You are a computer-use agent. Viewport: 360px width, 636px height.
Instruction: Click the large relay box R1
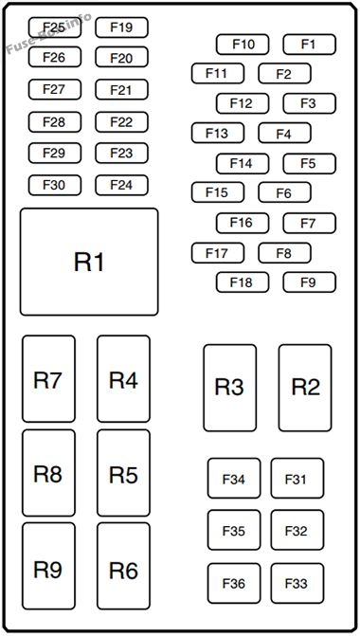point(89,262)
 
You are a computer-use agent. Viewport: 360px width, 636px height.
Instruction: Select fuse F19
point(121,27)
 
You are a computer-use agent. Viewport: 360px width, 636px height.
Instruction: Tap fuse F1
point(310,45)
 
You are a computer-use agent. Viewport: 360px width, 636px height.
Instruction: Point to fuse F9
point(310,282)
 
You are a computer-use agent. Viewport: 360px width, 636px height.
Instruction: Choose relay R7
point(48,379)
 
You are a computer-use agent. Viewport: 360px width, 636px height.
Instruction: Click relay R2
point(305,388)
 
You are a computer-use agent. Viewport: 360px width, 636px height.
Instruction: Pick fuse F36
point(234,583)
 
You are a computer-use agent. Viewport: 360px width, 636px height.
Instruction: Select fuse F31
point(297,479)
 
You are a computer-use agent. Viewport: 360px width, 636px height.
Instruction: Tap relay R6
point(124,566)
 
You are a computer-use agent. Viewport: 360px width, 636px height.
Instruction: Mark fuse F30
point(55,186)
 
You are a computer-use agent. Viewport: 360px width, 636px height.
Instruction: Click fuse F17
point(218,253)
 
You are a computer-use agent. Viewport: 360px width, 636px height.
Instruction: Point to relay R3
point(230,388)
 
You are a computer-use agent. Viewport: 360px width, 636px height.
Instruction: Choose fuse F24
point(121,186)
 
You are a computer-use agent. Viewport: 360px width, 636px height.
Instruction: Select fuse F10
point(243,45)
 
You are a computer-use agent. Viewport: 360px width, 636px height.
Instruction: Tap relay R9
point(48,566)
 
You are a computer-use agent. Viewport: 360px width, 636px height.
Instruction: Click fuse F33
point(297,583)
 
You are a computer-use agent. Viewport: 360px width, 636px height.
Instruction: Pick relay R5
point(124,473)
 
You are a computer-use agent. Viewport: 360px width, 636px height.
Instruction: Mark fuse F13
point(218,133)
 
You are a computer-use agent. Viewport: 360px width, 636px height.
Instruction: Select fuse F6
point(284,192)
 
